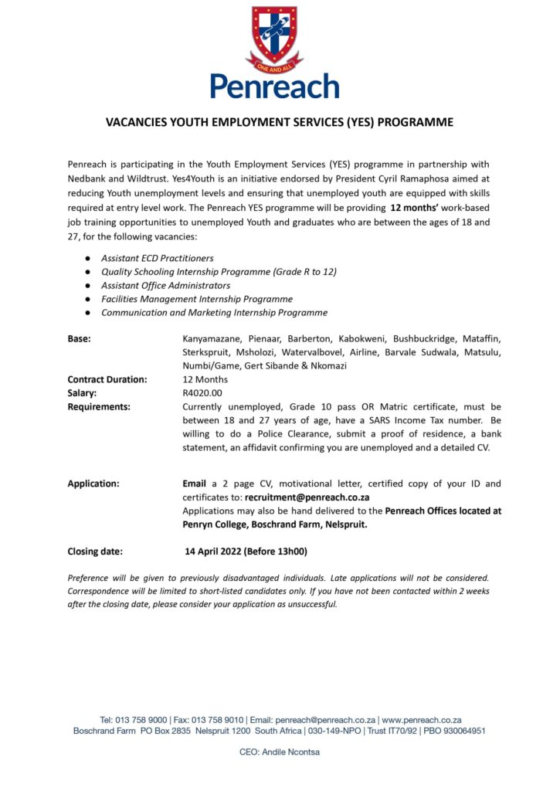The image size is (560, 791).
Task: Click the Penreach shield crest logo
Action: [x=275, y=36]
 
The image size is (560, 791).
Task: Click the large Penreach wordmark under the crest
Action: [x=275, y=86]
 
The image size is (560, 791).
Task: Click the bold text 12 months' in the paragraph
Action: [x=417, y=208]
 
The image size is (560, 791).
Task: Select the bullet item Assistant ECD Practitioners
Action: [x=158, y=258]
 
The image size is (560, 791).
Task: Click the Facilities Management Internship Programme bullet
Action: [x=197, y=299]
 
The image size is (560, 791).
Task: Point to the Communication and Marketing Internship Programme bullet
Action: [x=214, y=313]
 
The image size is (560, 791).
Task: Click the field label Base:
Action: [x=79, y=338]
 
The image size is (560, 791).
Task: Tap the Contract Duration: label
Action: [x=107, y=379]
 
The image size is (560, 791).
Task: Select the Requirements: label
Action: [x=99, y=406]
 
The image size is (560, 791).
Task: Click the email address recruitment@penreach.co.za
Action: [x=307, y=497]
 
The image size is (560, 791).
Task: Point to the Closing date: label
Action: [x=95, y=552]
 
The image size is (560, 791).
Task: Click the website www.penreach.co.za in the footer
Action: [x=422, y=719]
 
